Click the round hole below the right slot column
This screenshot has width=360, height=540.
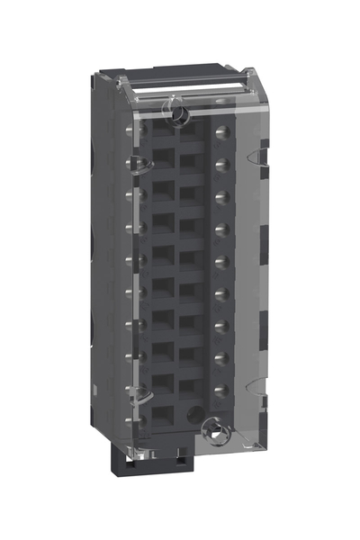click(x=192, y=417)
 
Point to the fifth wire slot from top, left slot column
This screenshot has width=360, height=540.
click(x=162, y=257)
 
